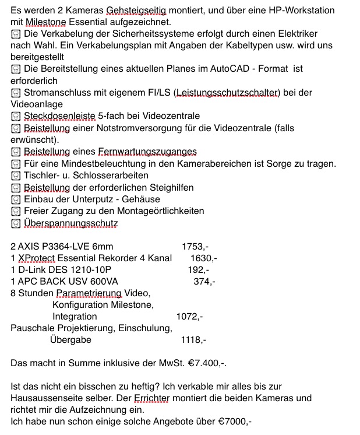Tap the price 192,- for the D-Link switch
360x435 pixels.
198,270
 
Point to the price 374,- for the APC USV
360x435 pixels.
204,282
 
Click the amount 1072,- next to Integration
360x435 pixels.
189,317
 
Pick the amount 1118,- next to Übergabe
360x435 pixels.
193,340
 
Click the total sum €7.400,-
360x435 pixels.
207,363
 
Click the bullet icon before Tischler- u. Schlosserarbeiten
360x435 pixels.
16,176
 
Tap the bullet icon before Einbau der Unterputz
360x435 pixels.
16,199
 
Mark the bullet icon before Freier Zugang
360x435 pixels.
16,211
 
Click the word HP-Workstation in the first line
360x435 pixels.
312,10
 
